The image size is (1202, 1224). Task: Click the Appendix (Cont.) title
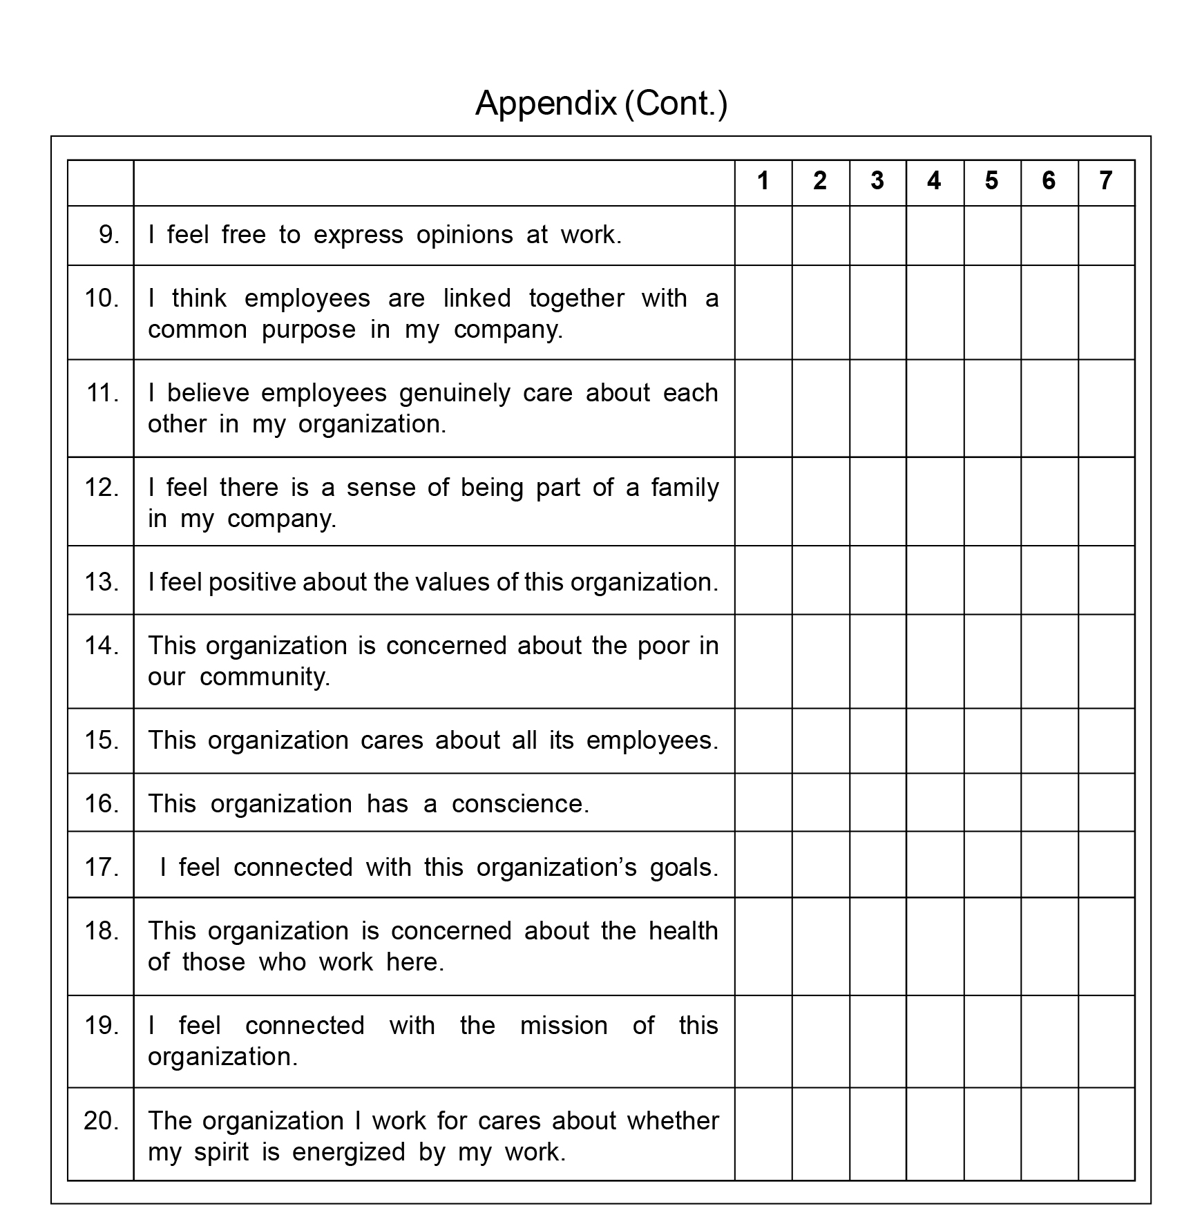click(x=601, y=103)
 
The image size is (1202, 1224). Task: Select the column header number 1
click(x=763, y=181)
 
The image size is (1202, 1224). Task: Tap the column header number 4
click(x=934, y=181)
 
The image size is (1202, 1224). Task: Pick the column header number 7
click(x=1105, y=181)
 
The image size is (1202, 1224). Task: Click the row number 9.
click(x=109, y=235)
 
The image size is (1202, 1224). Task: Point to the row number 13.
click(x=102, y=582)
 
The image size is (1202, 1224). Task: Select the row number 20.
click(x=102, y=1120)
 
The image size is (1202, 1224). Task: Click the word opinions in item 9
click(x=464, y=236)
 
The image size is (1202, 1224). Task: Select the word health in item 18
click(x=683, y=931)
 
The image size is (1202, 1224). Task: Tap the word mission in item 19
click(x=564, y=1026)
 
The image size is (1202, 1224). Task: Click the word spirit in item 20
click(x=221, y=1152)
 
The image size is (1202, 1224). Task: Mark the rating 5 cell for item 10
click(x=992, y=312)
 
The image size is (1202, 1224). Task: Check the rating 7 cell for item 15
click(x=1106, y=740)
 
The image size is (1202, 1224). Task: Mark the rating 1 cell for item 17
click(x=763, y=864)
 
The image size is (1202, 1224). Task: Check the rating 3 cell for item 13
click(x=877, y=580)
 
